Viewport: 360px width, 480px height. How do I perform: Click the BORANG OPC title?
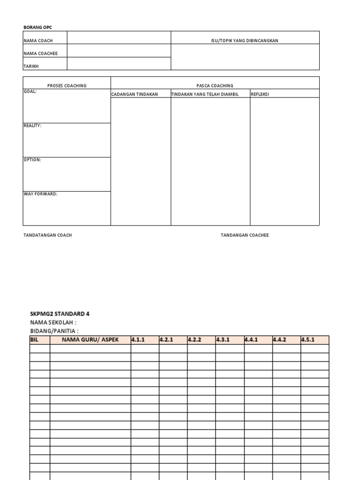[35, 28]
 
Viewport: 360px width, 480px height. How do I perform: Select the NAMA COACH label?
[38, 41]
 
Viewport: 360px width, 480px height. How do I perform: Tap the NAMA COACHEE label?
[40, 53]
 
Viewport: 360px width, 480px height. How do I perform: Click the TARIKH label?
[31, 66]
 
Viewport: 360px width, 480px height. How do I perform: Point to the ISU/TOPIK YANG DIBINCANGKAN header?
[245, 41]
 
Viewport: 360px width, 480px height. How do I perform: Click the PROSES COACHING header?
[67, 86]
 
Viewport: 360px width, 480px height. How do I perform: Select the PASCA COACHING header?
[215, 86]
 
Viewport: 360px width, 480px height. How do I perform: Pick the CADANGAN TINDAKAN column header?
[135, 94]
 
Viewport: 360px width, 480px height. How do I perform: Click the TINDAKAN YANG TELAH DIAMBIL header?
[205, 94]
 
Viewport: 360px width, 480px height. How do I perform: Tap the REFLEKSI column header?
[260, 94]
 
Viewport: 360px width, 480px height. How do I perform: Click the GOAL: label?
[30, 92]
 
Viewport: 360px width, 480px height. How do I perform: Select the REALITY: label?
[32, 126]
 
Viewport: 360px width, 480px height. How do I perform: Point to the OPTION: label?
[32, 160]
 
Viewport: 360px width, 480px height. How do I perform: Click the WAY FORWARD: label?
[40, 194]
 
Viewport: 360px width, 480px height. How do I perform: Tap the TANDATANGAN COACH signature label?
[47, 235]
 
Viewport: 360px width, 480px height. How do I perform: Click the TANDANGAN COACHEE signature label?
[245, 235]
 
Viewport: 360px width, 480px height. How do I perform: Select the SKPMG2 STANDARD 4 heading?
[60, 314]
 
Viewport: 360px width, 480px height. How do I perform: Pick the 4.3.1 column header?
[223, 340]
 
